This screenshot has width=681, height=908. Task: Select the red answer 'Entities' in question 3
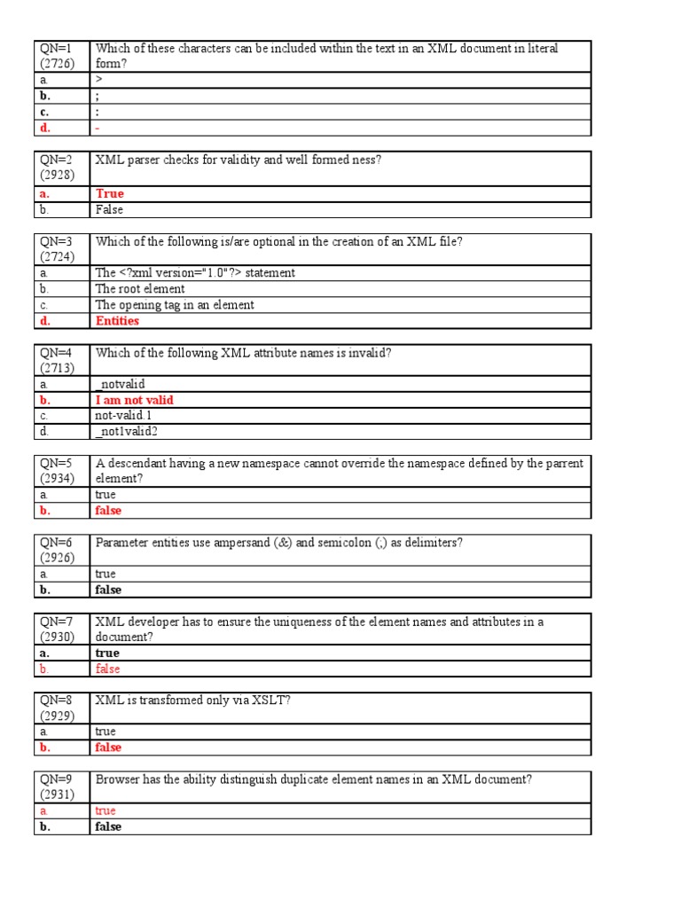[x=117, y=321]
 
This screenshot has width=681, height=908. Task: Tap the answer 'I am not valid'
[x=134, y=400]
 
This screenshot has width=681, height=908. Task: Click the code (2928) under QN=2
[x=58, y=175]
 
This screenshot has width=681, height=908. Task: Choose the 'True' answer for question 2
[x=110, y=193]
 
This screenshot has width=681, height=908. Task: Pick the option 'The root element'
[x=140, y=289]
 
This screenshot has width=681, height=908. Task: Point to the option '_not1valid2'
[x=127, y=432]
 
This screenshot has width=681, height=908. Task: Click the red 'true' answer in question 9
[x=106, y=810]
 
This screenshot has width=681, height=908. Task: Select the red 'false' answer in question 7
[x=107, y=669]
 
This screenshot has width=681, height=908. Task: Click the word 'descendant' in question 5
[x=137, y=464]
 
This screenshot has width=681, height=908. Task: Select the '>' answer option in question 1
[x=99, y=81]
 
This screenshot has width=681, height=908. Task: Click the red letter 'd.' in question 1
[x=45, y=128]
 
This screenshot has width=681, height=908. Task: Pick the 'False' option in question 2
[x=109, y=210]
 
